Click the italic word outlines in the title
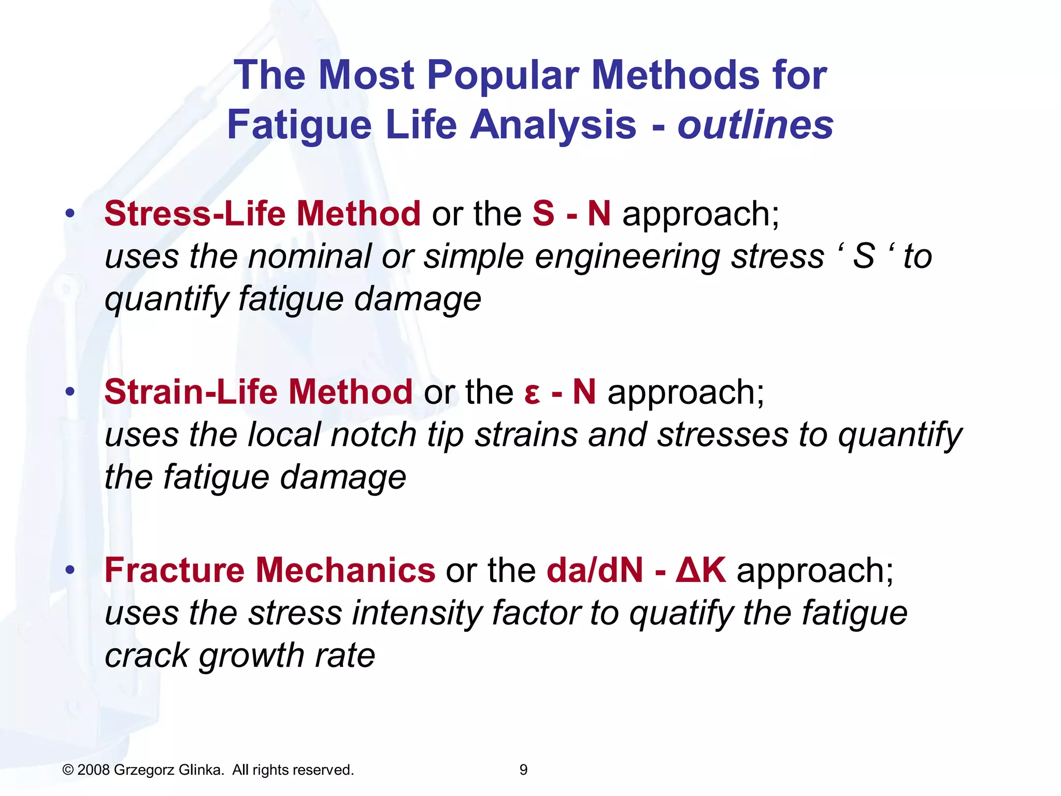tap(755, 125)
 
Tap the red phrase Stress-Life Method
tap(262, 214)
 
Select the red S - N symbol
tap(571, 214)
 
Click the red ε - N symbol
tap(560, 392)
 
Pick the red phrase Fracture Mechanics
tap(269, 570)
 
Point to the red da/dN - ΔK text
tap(636, 570)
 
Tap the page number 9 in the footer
tap(523, 770)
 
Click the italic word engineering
tap(627, 257)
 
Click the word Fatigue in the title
tap(299, 125)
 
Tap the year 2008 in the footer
tap(93, 770)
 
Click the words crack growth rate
tap(239, 656)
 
